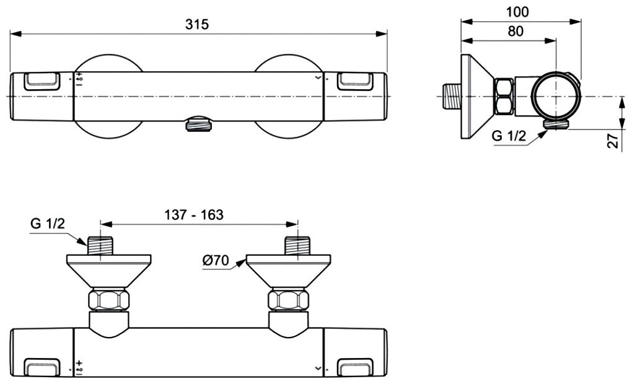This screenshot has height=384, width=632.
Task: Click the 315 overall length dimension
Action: (x=198, y=24)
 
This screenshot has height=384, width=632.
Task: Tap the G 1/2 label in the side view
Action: (x=509, y=137)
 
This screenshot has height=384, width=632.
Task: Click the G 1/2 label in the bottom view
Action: (x=48, y=224)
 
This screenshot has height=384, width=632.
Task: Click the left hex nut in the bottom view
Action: (x=109, y=301)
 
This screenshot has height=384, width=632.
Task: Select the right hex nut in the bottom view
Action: (x=289, y=301)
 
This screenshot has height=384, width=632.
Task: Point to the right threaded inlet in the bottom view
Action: (x=297, y=245)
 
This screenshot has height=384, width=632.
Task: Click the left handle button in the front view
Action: (x=42, y=81)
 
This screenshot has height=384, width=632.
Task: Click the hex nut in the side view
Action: (x=504, y=97)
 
